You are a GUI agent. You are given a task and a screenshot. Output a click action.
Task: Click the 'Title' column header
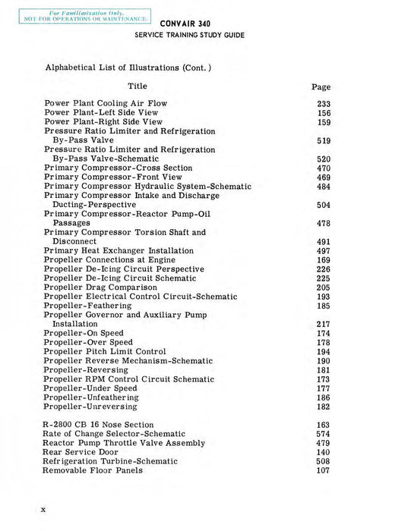(138, 86)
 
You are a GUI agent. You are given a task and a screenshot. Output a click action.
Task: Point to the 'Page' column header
(321, 87)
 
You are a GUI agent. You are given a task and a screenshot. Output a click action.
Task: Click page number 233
(324, 104)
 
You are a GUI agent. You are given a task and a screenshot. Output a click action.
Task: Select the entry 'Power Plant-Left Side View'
(103, 112)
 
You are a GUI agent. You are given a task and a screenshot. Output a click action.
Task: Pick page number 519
(324, 140)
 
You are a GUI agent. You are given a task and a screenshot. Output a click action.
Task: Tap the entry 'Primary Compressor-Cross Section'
(118, 168)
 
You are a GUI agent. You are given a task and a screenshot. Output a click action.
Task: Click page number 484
(324, 187)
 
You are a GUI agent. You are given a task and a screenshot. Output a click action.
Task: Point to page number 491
(324, 241)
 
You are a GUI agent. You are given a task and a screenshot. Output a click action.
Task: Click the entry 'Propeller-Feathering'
(85, 306)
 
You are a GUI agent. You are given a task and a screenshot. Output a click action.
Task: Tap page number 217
(324, 324)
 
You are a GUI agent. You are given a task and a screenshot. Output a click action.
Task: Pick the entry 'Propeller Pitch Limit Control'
(105, 351)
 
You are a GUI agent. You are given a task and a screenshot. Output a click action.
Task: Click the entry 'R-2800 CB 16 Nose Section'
(99, 425)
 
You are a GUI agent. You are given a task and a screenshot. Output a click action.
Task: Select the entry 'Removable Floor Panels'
(93, 470)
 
